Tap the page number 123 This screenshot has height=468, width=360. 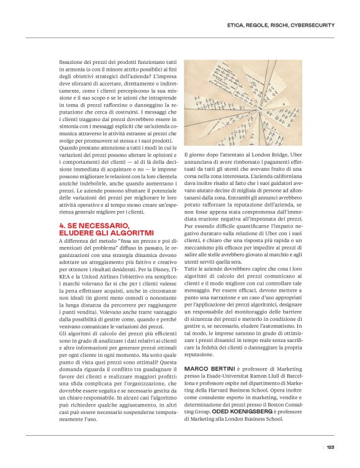pyautogui.click(x=330, y=447)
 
